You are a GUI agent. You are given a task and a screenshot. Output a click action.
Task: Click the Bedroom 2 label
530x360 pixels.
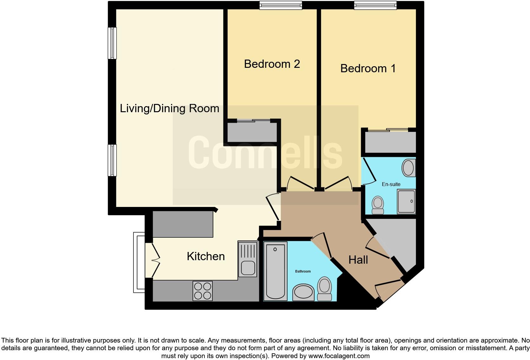[272, 64]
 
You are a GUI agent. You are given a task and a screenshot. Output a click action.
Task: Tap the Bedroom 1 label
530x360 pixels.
[368, 68]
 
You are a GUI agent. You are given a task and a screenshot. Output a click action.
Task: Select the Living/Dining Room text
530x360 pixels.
[169, 109]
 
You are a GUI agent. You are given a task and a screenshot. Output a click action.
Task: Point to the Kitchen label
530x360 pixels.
[206, 256]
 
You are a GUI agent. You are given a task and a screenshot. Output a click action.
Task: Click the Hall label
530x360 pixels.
[358, 260]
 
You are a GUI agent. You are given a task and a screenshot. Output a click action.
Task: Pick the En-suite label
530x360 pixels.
[391, 184]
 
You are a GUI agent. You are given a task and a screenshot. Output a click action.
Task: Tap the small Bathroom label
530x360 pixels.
[303, 271]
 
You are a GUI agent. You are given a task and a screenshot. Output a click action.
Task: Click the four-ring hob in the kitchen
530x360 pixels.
[203, 291]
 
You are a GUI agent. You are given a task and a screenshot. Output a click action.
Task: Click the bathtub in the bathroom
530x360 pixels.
[275, 271]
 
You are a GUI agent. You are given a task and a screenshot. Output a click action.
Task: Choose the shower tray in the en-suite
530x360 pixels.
[406, 202]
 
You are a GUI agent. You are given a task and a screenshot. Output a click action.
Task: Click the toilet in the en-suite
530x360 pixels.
[378, 205]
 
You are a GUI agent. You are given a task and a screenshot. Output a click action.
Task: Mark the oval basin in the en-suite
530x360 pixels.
[408, 168]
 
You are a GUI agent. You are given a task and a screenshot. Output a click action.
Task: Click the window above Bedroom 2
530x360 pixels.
[280, 5]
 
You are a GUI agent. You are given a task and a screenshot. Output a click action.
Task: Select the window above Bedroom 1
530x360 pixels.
[375, 5]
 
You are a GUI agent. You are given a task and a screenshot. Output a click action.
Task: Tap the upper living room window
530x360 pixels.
[112, 43]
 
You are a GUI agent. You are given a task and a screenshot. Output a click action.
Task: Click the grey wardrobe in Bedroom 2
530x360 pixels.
[252, 132]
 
